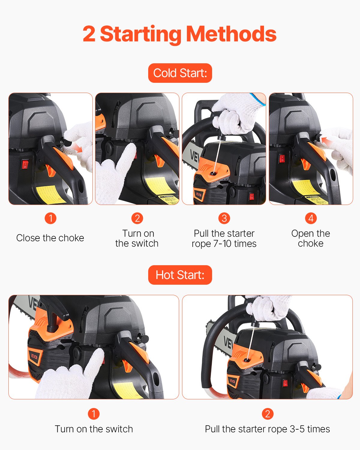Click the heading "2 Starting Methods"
pos(179,34)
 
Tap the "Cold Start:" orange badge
pos(180,73)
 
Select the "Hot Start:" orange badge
pos(180,275)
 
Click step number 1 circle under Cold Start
pos(50,218)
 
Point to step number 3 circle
pos(224,218)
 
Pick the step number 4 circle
pos(311,218)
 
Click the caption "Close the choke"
pos(50,238)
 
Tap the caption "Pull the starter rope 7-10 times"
pos(224,238)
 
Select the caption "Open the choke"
pos(311,238)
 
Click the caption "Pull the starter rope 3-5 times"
pos(267,429)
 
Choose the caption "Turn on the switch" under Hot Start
pos(94,429)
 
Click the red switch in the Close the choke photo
pos(25,164)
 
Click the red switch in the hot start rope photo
pos(285,383)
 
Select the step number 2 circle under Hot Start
pos(267,414)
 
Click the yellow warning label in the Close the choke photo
pos(46,193)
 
